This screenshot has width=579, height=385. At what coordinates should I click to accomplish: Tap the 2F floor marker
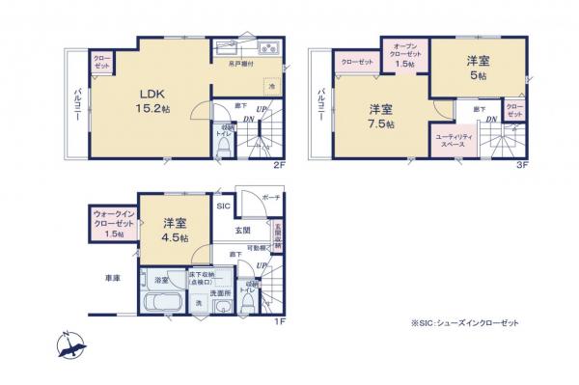pyautogui.click(x=280, y=165)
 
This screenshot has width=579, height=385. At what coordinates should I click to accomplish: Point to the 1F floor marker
pyautogui.click(x=280, y=322)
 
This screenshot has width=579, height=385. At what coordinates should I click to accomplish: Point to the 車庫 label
pyautogui.click(x=113, y=279)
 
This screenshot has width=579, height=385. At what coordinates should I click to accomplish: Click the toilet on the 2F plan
pyautogui.click(x=225, y=146)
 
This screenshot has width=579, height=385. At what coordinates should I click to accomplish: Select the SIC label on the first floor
pyautogui.click(x=221, y=206)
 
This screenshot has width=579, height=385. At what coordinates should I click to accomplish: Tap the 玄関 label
pyautogui.click(x=242, y=231)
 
